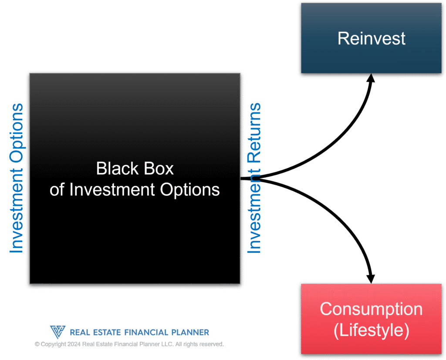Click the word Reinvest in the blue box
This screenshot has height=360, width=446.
[x=371, y=38]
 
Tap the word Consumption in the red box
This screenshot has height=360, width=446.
[x=371, y=309]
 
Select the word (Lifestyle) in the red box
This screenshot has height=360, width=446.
[x=371, y=330]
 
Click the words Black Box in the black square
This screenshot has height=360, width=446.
[x=135, y=168]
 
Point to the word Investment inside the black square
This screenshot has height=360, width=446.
[x=112, y=190]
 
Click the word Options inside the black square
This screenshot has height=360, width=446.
[x=190, y=190]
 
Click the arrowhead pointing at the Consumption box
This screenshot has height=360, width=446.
[x=371, y=279]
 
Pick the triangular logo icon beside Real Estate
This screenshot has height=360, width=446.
[x=58, y=332]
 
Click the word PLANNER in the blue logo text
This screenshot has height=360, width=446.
[x=190, y=333]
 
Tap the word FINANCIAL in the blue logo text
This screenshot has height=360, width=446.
[x=146, y=333]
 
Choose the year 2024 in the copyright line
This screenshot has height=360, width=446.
[x=74, y=344]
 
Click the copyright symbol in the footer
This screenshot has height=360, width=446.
[x=37, y=344]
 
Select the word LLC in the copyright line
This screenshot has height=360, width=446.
[x=168, y=344]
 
